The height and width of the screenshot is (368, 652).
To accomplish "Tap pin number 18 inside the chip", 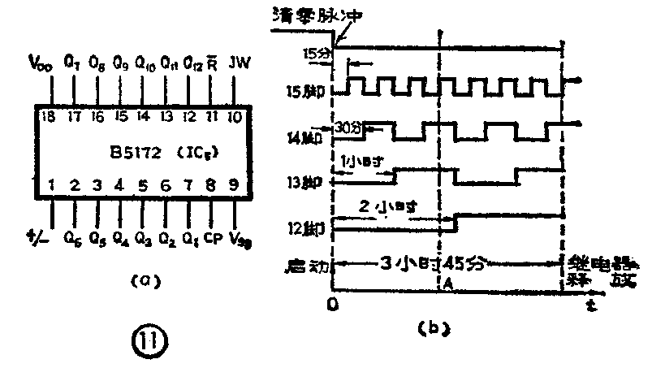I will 48,116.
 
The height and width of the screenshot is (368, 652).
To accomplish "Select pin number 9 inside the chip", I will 235,185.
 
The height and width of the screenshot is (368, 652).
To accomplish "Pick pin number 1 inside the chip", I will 53,185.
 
